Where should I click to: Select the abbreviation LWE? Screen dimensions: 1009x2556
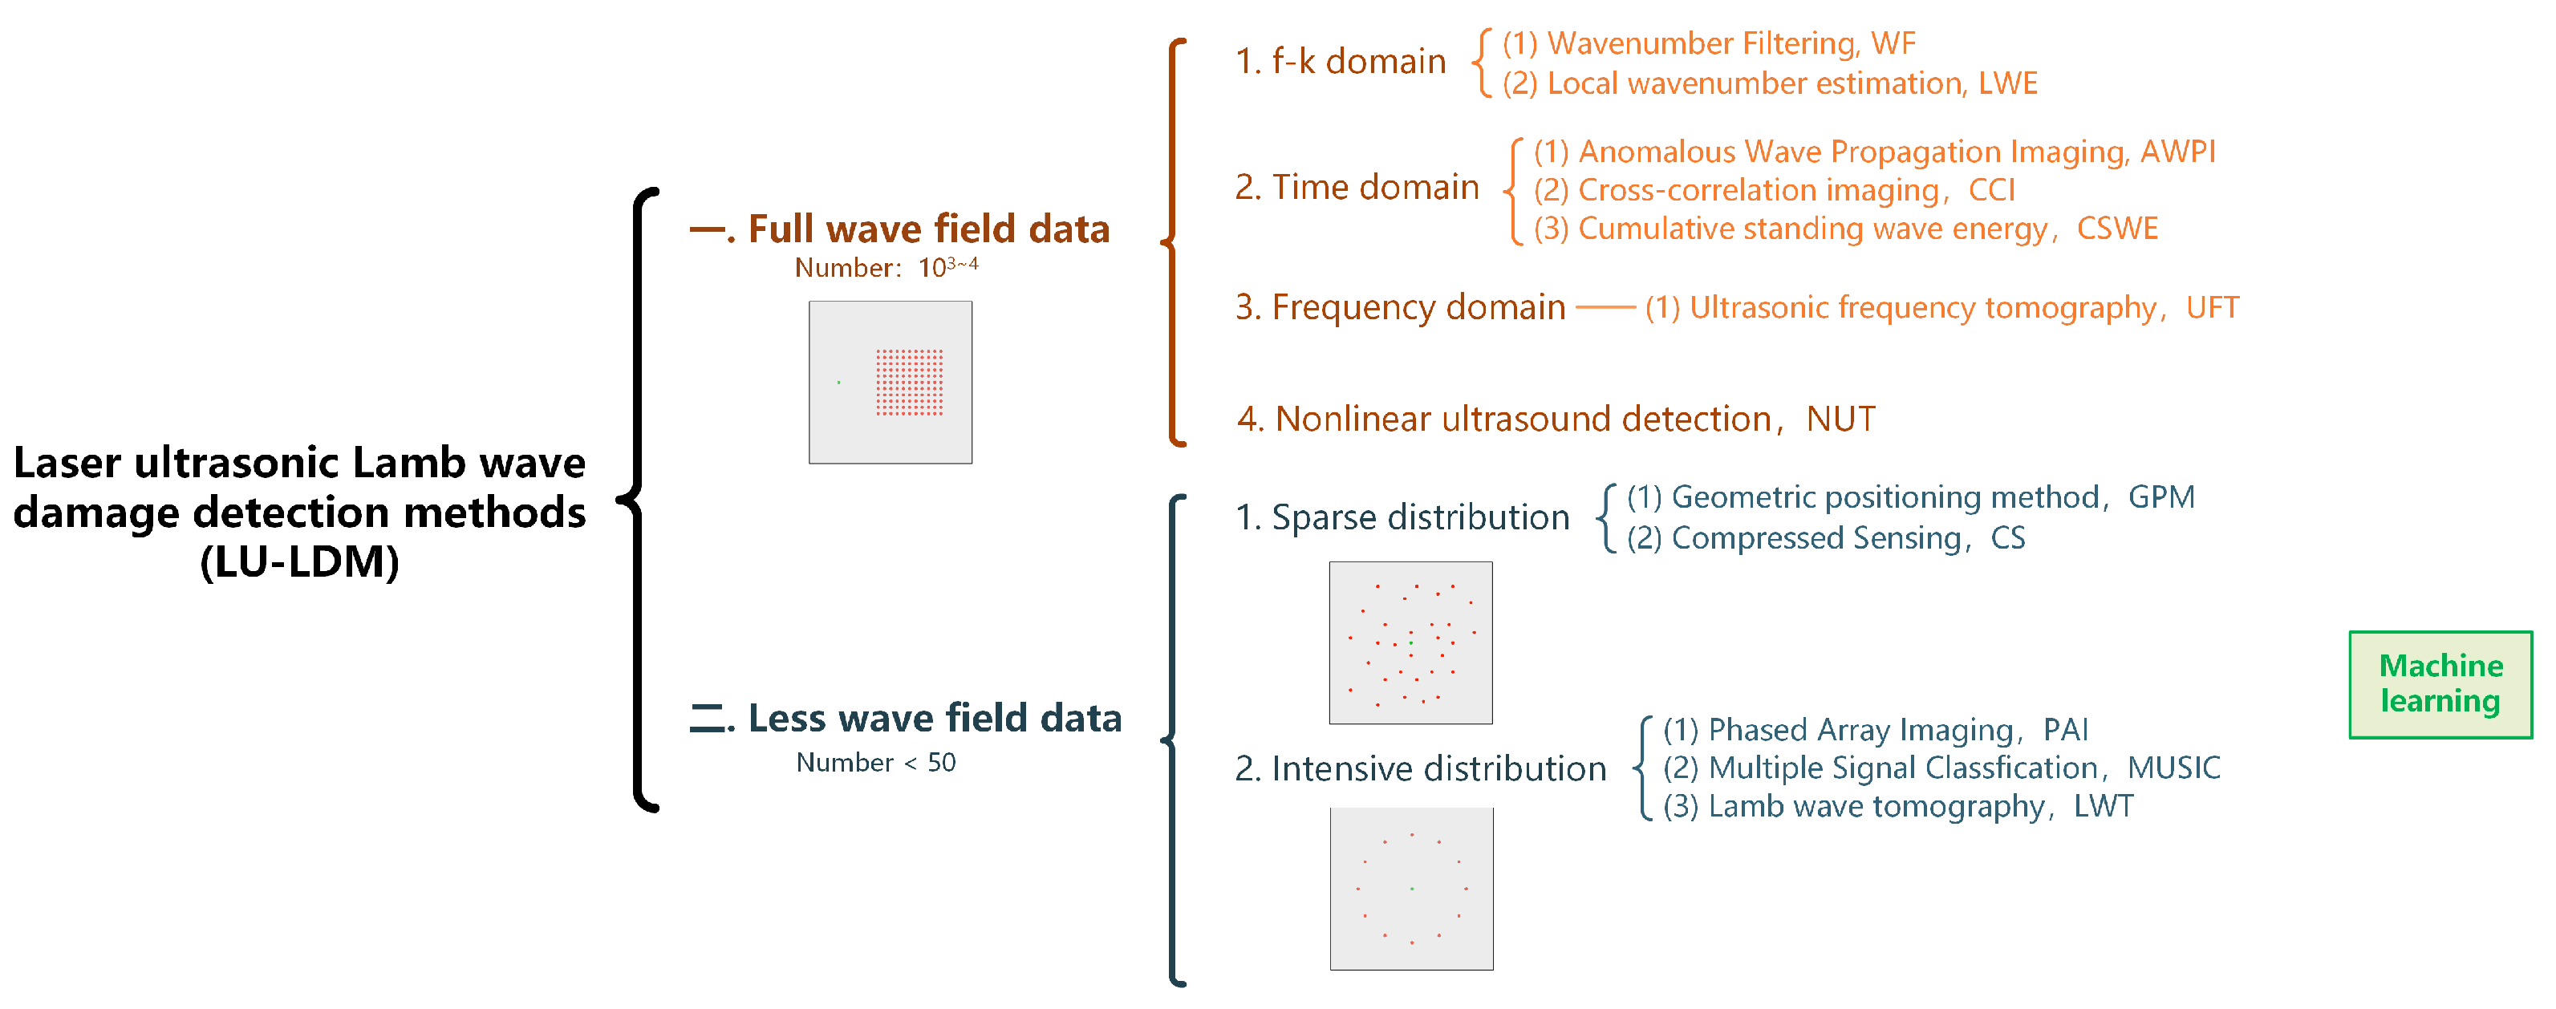click(2007, 83)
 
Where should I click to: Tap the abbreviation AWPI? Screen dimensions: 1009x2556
click(2177, 152)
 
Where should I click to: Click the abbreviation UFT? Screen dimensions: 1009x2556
click(2212, 307)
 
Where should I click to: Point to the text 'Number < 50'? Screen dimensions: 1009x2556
click(875, 763)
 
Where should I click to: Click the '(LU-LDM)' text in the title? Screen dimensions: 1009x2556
click(300, 562)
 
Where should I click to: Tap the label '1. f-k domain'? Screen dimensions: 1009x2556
click(1340, 62)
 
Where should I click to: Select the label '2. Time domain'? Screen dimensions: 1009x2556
click(1357, 188)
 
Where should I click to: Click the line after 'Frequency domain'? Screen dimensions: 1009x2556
click(1605, 307)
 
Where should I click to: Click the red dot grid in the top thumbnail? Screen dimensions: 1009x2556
click(909, 382)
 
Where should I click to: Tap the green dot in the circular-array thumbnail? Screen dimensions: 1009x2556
click(1411, 889)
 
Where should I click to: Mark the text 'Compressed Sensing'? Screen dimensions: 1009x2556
click(1816, 537)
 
